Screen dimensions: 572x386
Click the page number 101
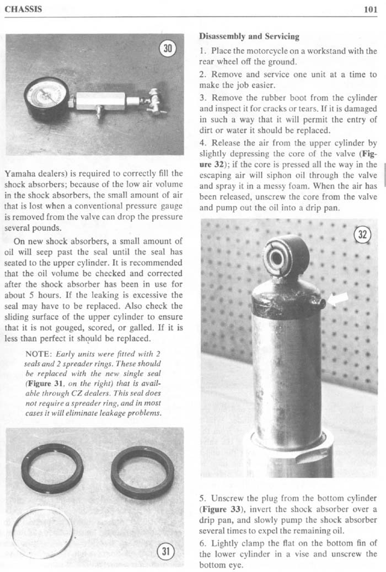[x=370, y=9]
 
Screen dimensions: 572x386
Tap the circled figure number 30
[x=166, y=48]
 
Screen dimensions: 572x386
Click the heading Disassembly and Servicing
[x=249, y=37]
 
